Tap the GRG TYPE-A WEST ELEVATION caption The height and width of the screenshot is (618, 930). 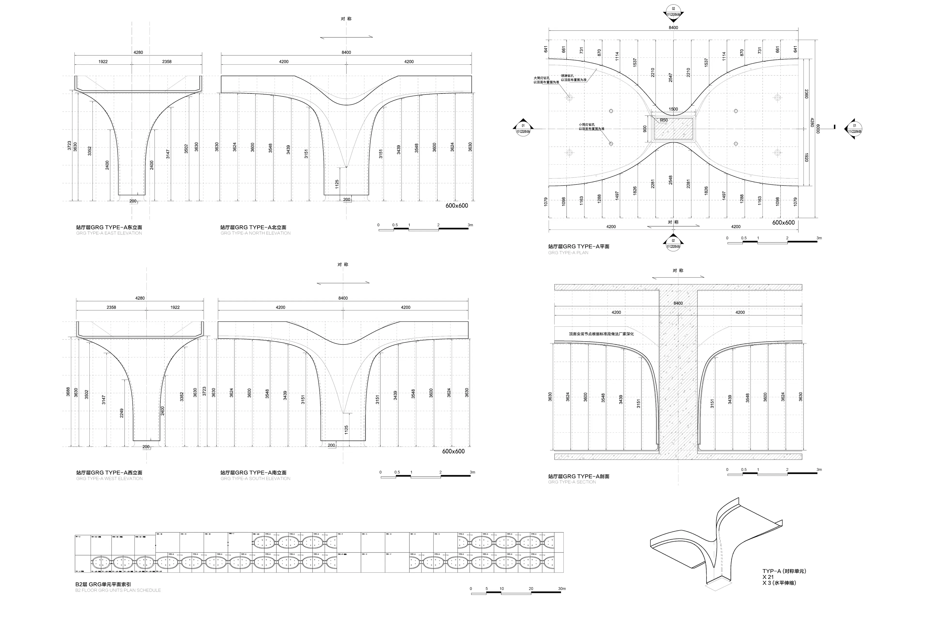pos(109,479)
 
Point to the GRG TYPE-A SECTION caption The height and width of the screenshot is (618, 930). pos(572,482)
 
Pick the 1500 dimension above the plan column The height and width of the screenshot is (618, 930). pos(673,109)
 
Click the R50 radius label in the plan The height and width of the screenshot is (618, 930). pos(664,120)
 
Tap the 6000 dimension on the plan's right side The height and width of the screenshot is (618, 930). pos(818,129)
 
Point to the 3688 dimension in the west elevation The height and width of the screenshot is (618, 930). pos(68,392)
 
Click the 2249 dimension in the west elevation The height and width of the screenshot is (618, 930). pos(122,413)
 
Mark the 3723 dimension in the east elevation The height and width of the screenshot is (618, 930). pos(69,146)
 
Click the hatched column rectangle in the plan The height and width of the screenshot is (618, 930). pos(674,129)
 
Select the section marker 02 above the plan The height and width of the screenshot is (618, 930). pos(673,12)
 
